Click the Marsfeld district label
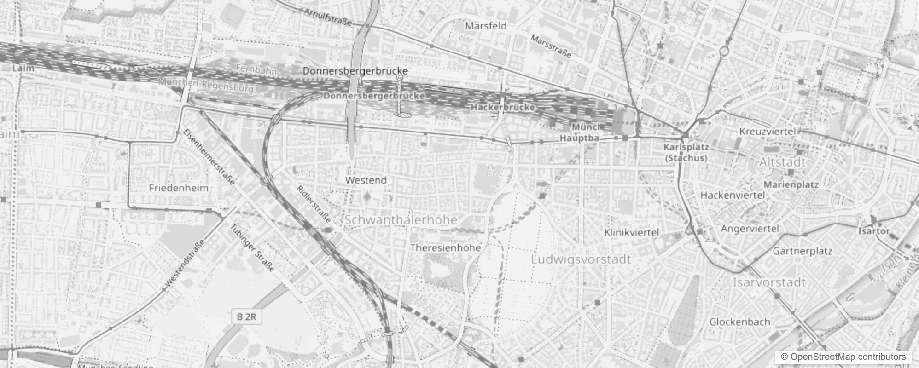coord(485,26)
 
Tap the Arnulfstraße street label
coord(328,16)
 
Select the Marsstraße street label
coord(551,46)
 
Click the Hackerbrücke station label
coord(502,107)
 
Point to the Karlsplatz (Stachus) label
coord(686,152)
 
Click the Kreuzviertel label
coord(767,132)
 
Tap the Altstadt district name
coord(782,162)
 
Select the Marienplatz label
coord(791,184)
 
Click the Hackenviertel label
coord(732,195)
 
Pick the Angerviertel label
coord(750,229)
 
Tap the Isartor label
coord(873,231)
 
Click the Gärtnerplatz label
coord(802,251)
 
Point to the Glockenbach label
coord(739,322)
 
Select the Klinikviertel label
coord(631,232)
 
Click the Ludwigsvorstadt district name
coord(581,259)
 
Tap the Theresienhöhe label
coord(445,247)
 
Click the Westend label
coord(366,180)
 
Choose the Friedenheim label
coord(179,188)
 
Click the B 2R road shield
coord(247,316)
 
